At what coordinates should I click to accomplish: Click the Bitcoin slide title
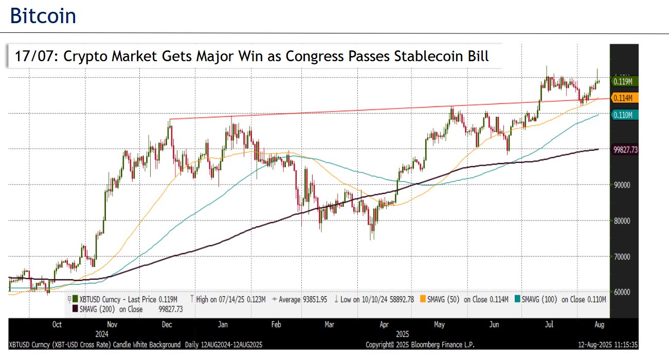43,16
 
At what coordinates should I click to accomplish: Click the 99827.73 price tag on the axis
625,150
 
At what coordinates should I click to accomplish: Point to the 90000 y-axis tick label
622,185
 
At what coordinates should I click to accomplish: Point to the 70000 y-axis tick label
622,256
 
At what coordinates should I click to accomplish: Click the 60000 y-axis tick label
622,292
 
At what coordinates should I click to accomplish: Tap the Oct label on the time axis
57,325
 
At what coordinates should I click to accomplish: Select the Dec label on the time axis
167,325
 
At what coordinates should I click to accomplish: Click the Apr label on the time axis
384,325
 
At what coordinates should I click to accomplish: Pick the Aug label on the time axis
599,325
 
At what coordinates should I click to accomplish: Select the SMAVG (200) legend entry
127,309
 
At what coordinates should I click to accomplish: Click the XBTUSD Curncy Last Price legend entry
126,299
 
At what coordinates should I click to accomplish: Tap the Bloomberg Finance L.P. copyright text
420,344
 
